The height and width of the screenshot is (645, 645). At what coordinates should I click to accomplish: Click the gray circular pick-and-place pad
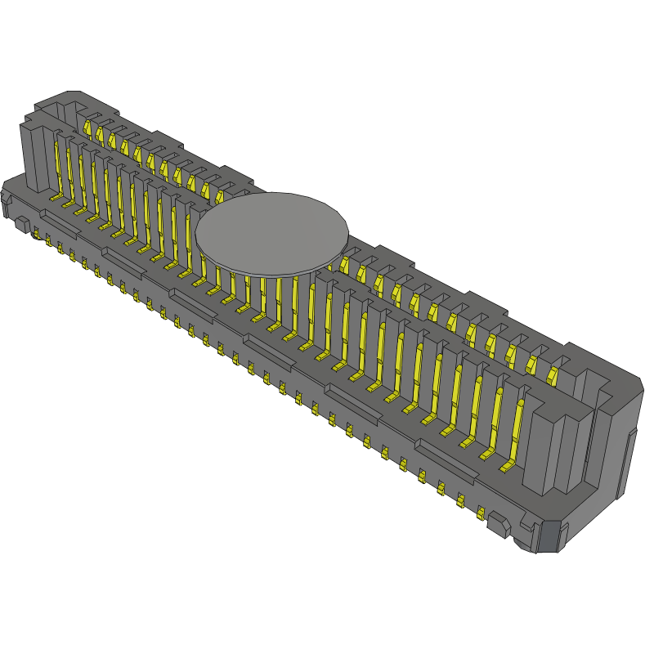[x=271, y=232]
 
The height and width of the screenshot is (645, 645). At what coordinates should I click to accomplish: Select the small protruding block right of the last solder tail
[x=496, y=523]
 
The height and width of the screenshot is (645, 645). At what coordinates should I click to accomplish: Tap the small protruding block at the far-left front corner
[x=20, y=222]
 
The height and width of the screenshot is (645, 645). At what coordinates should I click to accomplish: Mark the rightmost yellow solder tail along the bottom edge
[x=481, y=514]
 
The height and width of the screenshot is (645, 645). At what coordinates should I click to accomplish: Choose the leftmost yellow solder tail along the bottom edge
[x=37, y=235]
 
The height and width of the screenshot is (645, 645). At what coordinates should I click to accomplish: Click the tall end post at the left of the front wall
[x=33, y=155]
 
